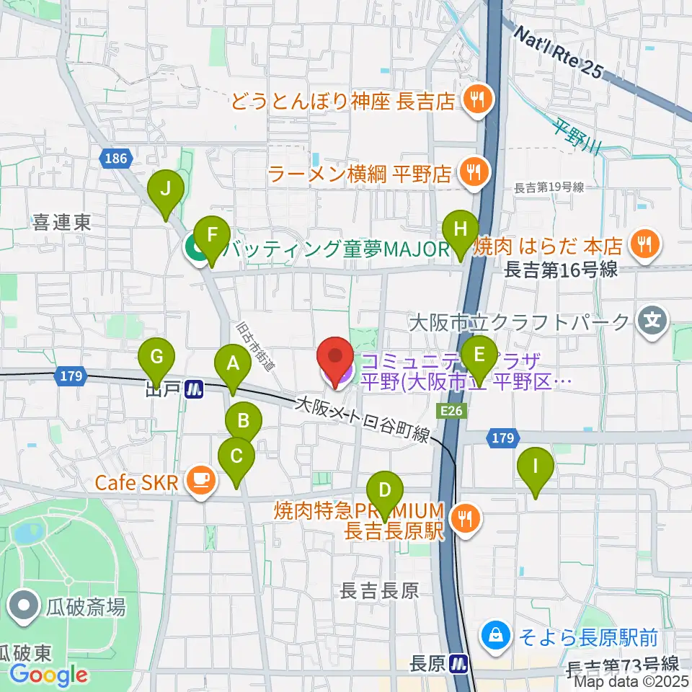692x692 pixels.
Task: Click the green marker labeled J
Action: (166, 190)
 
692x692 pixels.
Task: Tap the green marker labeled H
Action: (461, 231)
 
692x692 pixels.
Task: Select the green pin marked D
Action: (384, 492)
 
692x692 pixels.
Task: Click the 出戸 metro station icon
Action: (194, 390)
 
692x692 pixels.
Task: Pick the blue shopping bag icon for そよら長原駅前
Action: (496, 636)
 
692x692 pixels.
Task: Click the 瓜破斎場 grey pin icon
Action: (25, 606)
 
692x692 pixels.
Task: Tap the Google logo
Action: (49, 675)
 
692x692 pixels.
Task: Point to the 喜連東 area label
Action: (61, 224)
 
